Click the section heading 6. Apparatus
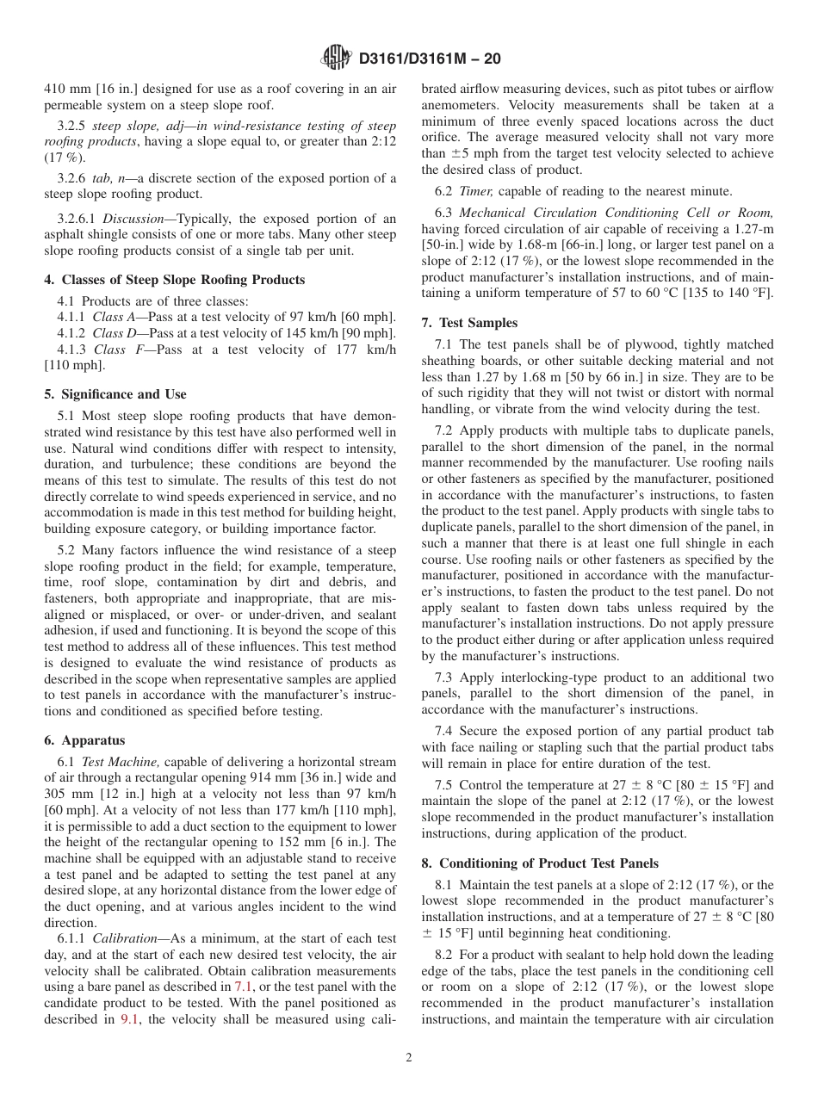[84, 740]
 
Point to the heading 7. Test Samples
[469, 323]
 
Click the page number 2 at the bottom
[409, 1058]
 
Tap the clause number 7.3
[447, 677]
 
